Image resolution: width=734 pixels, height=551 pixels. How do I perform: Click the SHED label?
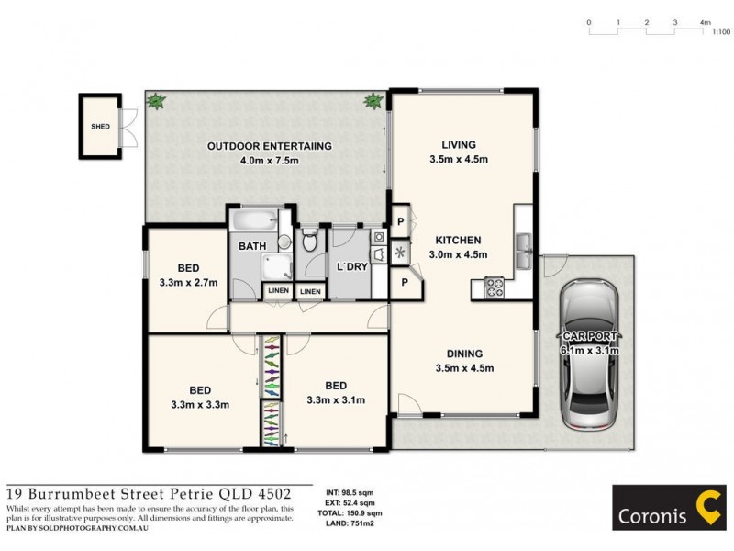pos(99,128)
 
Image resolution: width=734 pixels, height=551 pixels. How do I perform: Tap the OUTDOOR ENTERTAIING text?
pos(269,146)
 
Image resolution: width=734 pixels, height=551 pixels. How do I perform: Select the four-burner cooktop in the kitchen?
pos(495,288)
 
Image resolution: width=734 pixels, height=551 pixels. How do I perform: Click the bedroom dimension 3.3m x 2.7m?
pos(188,282)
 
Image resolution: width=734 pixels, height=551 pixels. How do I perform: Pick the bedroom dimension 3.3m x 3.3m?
pos(199,403)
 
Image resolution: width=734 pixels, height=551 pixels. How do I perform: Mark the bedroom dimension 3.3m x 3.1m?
pos(336,399)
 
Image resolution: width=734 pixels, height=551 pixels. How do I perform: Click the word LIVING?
pos(459,145)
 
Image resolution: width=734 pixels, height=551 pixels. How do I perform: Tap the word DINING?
pos(464,354)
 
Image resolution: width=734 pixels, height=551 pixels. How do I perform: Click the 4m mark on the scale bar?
pos(705,21)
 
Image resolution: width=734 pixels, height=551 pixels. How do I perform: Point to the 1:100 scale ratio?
pos(720,32)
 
